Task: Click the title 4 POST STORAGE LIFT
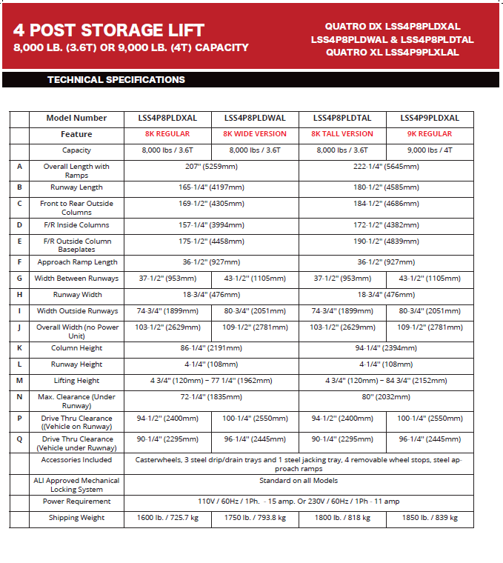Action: click(x=108, y=30)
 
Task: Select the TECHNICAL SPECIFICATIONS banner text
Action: click(x=116, y=79)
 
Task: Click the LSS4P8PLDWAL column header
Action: click(x=255, y=118)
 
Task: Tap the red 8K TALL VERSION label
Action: click(x=342, y=134)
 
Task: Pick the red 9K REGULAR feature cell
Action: click(x=430, y=134)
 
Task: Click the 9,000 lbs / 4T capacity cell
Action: click(x=430, y=150)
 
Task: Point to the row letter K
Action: click(x=19, y=348)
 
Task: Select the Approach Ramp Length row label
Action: click(x=76, y=262)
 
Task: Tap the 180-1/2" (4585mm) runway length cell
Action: click(x=386, y=187)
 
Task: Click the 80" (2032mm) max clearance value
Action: click(x=386, y=396)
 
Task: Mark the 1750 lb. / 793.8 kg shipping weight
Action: click(x=255, y=518)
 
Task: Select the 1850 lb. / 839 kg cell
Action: click(x=430, y=518)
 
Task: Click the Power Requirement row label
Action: click(x=76, y=502)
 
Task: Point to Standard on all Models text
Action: click(x=299, y=481)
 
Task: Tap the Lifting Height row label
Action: click(x=76, y=381)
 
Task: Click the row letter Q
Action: click(x=19, y=439)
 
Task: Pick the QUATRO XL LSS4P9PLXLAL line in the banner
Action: click(x=392, y=53)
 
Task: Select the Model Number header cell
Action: click(x=76, y=118)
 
